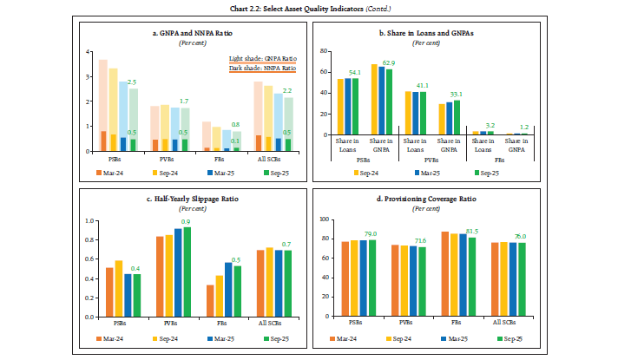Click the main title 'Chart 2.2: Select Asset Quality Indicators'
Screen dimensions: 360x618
309,8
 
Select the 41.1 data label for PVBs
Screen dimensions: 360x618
444,86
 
